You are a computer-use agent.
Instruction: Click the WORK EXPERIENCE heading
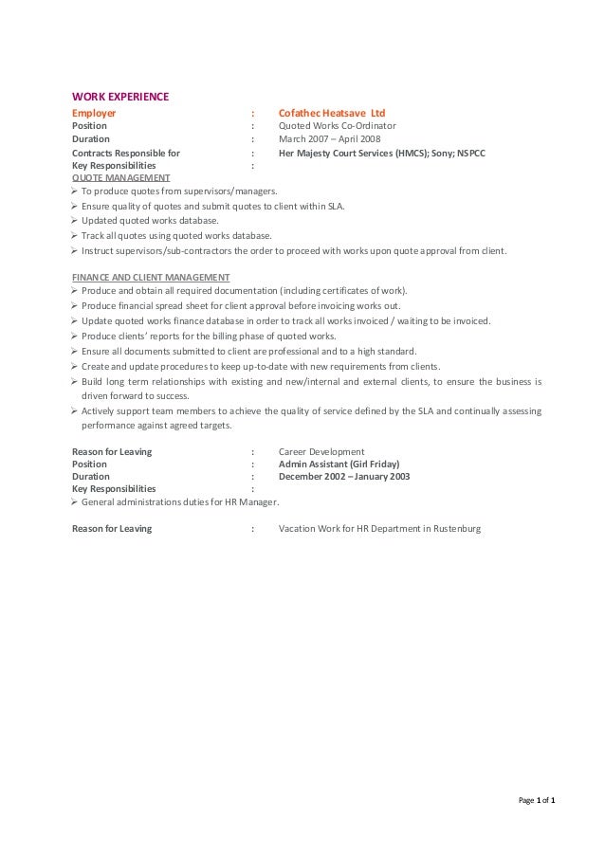coord(120,96)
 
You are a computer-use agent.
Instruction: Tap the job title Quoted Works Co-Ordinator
coord(337,125)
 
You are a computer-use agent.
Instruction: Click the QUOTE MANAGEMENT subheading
coord(121,177)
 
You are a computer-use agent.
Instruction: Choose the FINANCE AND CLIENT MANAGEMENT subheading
coord(151,277)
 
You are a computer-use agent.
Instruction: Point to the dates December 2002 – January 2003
coord(344,477)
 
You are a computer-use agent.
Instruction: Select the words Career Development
coord(321,451)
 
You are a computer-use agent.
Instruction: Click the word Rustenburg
coord(457,528)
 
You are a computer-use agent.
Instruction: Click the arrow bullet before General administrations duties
coord(76,502)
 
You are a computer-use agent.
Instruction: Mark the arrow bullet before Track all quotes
coord(76,235)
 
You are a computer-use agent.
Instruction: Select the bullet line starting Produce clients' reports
coord(209,336)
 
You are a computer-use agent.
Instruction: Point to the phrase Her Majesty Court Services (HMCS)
coord(350,152)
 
